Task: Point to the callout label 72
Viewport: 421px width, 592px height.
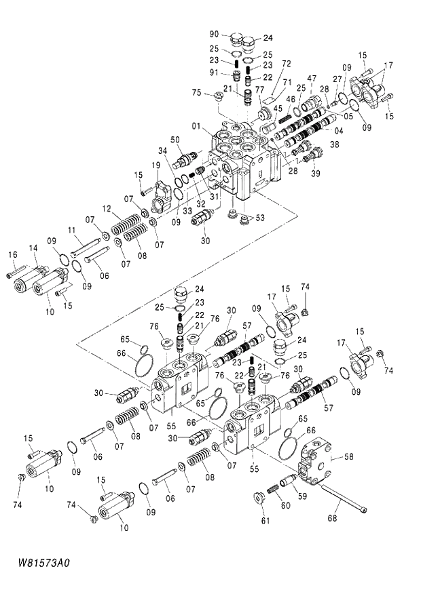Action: click(x=286, y=63)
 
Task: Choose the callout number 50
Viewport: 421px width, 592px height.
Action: click(x=175, y=140)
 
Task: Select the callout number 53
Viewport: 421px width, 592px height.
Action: click(x=261, y=218)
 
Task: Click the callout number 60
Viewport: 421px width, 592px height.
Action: click(x=286, y=505)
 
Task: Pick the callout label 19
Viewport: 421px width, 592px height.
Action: click(x=155, y=165)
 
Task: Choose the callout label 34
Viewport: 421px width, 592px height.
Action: click(x=162, y=151)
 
